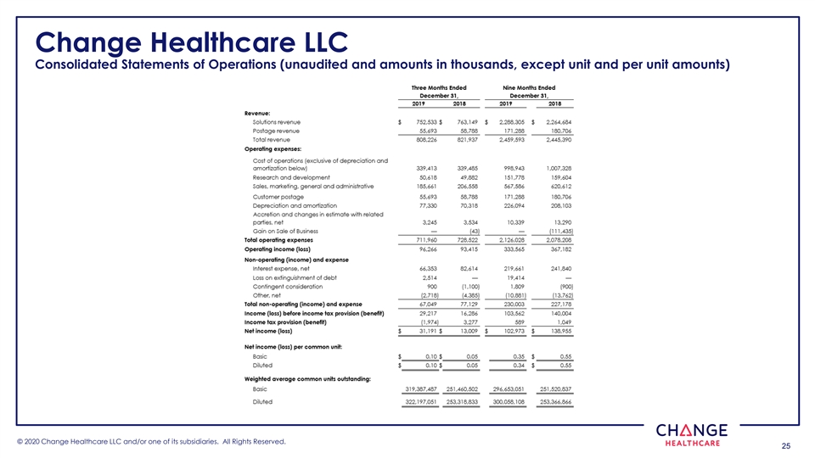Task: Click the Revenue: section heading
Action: pos(257,113)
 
